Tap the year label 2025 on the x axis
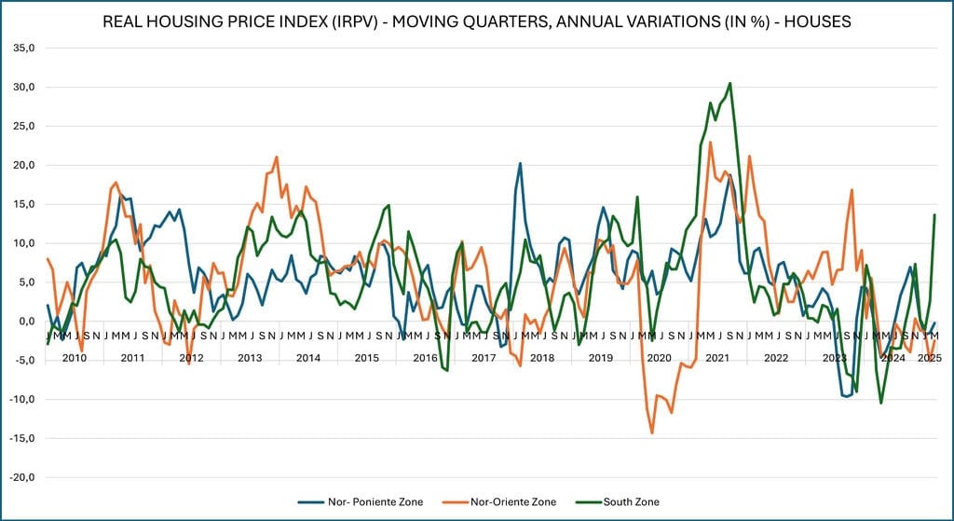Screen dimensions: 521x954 pyautogui.click(x=927, y=358)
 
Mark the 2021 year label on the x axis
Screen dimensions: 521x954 pyautogui.click(x=717, y=358)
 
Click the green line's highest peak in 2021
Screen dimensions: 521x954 pyautogui.click(x=729, y=83)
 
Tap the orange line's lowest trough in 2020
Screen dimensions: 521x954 pyautogui.click(x=652, y=432)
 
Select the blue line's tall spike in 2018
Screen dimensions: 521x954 pyautogui.click(x=520, y=163)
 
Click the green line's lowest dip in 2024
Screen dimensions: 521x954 pyautogui.click(x=881, y=403)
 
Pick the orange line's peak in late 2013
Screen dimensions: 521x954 pyautogui.click(x=277, y=157)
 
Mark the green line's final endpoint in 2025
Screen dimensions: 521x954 pyautogui.click(x=934, y=214)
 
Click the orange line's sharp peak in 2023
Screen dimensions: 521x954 pyautogui.click(x=852, y=190)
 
